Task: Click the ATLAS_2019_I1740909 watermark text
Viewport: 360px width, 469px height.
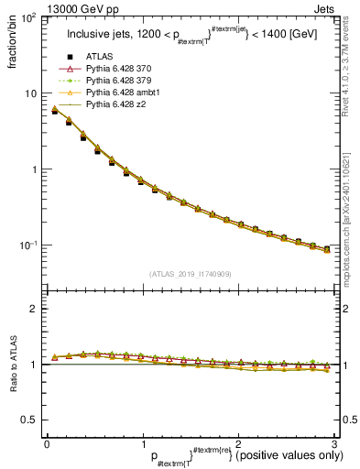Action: click(190, 274)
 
